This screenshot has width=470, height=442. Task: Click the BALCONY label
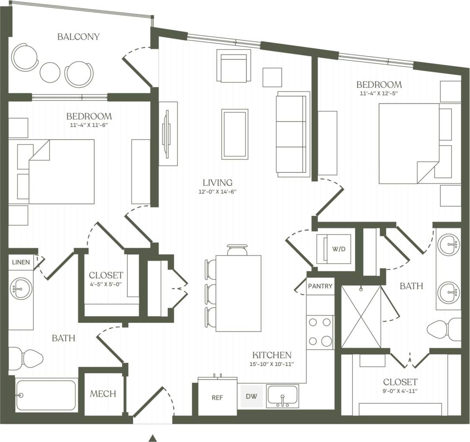point(78,37)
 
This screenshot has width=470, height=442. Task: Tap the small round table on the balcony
point(50,72)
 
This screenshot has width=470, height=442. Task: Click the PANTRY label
point(320,286)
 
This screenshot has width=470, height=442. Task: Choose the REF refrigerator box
point(217,397)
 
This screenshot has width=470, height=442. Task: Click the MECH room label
point(103,394)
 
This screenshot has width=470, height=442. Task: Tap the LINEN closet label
point(21,262)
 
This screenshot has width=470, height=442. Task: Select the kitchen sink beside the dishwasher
point(282,396)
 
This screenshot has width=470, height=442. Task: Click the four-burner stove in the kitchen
point(320,332)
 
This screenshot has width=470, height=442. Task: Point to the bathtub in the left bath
point(46,395)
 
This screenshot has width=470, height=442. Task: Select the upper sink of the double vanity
point(448,245)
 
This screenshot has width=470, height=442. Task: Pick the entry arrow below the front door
point(152,438)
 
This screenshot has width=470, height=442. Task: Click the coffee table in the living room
point(235,134)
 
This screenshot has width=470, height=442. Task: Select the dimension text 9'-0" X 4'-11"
point(400,391)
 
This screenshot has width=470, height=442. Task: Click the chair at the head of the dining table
point(237,250)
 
